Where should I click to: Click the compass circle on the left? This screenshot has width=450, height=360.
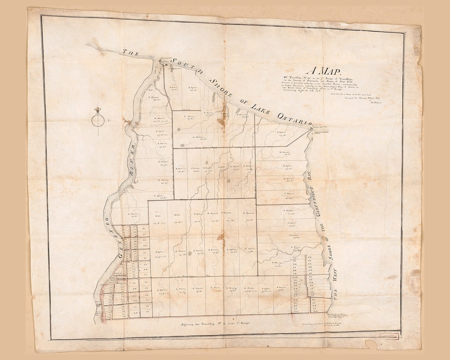tap(98, 120)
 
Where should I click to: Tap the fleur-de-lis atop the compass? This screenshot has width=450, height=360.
tap(97, 110)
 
